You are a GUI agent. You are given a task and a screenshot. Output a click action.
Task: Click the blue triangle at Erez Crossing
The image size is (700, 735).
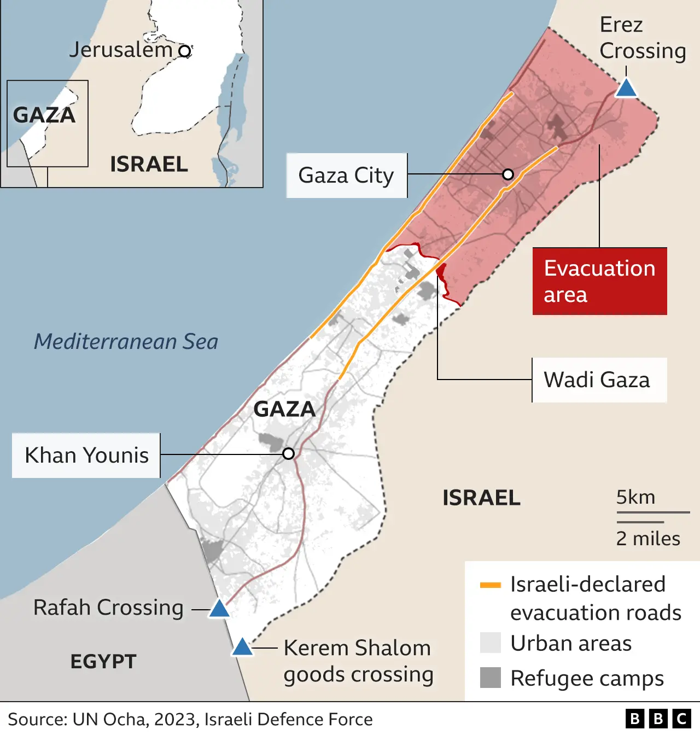coord(626,89)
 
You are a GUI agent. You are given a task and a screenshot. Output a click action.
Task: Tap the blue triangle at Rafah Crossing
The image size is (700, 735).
coord(219,609)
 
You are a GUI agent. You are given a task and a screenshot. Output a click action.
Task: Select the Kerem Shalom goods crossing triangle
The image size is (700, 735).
coord(242,647)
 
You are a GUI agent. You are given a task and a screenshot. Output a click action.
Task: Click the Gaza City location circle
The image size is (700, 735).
coord(508,174)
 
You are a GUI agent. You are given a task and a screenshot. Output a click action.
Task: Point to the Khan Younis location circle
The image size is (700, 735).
coord(289,453)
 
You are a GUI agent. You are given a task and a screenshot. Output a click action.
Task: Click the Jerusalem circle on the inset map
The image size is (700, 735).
coord(185,51)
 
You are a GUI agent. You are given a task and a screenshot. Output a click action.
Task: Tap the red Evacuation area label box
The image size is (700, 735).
coord(599,281)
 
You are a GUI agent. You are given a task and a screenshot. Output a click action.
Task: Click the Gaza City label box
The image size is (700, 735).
coord(346,176)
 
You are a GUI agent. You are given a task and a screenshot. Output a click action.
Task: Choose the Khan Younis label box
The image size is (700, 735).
coord(86,456)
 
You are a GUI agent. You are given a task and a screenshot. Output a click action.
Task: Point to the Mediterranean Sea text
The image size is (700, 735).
coord(126,342)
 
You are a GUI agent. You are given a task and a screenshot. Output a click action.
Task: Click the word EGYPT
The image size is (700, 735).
coord(103,662)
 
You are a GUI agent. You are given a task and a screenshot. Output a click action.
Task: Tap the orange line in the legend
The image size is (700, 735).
coord(490,585)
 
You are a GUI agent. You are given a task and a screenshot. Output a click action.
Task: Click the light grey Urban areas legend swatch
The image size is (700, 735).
coord(490,643)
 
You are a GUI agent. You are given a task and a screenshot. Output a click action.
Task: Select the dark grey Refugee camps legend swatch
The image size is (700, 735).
coord(490,678)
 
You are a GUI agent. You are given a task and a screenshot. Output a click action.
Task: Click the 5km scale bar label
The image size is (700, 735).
coord(635,497)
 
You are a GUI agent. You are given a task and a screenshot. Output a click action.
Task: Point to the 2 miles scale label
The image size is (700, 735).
coord(648,539)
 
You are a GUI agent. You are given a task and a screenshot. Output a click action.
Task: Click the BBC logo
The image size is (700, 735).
coord(658,719)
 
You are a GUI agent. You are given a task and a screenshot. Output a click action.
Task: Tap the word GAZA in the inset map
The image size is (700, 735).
coord(44,115)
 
